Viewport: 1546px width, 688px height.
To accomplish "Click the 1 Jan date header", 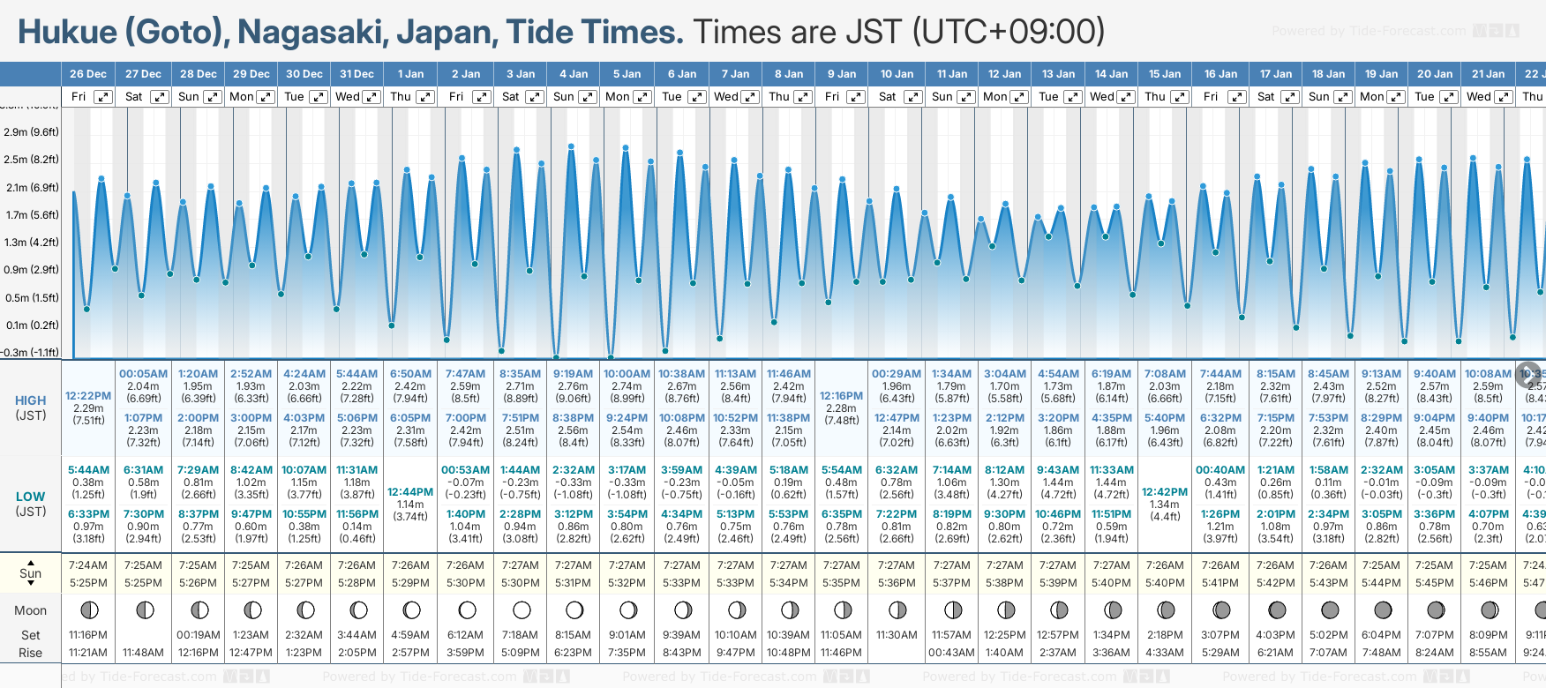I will [x=410, y=74].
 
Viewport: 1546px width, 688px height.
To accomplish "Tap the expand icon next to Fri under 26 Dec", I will [x=103, y=97].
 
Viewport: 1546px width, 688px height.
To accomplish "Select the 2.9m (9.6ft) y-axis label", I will [x=31, y=132].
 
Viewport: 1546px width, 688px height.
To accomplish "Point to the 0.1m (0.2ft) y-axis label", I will [x=31, y=325].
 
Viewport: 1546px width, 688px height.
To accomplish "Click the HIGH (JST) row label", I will [x=31, y=408].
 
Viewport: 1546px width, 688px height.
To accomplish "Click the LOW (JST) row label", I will [x=31, y=504].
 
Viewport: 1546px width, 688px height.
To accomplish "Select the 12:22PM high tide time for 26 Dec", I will [x=88, y=396].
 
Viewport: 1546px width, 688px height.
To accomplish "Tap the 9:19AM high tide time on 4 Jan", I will [x=573, y=374].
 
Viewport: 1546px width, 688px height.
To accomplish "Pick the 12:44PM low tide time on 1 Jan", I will [x=410, y=492].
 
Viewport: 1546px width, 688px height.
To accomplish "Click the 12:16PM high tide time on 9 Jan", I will [x=841, y=396].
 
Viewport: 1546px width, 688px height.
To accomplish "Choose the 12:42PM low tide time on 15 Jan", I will [x=1165, y=492].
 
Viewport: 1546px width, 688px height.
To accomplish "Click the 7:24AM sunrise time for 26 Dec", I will [x=88, y=565].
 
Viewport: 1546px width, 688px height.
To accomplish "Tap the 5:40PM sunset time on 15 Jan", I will [x=1165, y=583].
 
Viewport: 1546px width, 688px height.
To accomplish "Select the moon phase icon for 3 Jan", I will [x=522, y=609].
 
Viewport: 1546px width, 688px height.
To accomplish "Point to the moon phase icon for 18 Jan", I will [x=1329, y=609].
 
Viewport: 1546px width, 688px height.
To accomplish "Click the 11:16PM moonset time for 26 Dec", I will [x=88, y=635].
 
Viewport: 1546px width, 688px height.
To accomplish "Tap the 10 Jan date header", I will [x=897, y=74].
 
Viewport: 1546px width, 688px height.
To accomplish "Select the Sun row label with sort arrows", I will [x=31, y=573].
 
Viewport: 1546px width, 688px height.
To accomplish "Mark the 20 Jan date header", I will [x=1435, y=74].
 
